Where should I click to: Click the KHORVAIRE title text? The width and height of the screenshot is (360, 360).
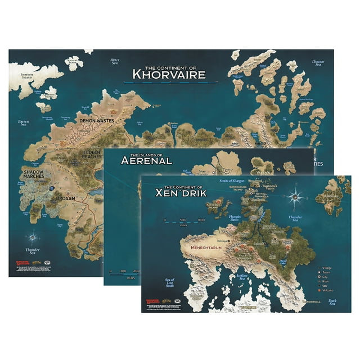pos(168,74)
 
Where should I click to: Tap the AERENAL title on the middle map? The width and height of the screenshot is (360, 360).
pos(146,160)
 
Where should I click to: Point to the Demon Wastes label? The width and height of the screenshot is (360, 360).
pos(94,120)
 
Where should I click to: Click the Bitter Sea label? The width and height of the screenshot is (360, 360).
pos(115,60)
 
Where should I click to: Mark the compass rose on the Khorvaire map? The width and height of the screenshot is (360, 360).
pos(35,236)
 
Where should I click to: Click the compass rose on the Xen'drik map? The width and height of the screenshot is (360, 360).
pos(296,197)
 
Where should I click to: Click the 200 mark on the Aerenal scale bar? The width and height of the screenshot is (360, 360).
pos(134,272)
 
